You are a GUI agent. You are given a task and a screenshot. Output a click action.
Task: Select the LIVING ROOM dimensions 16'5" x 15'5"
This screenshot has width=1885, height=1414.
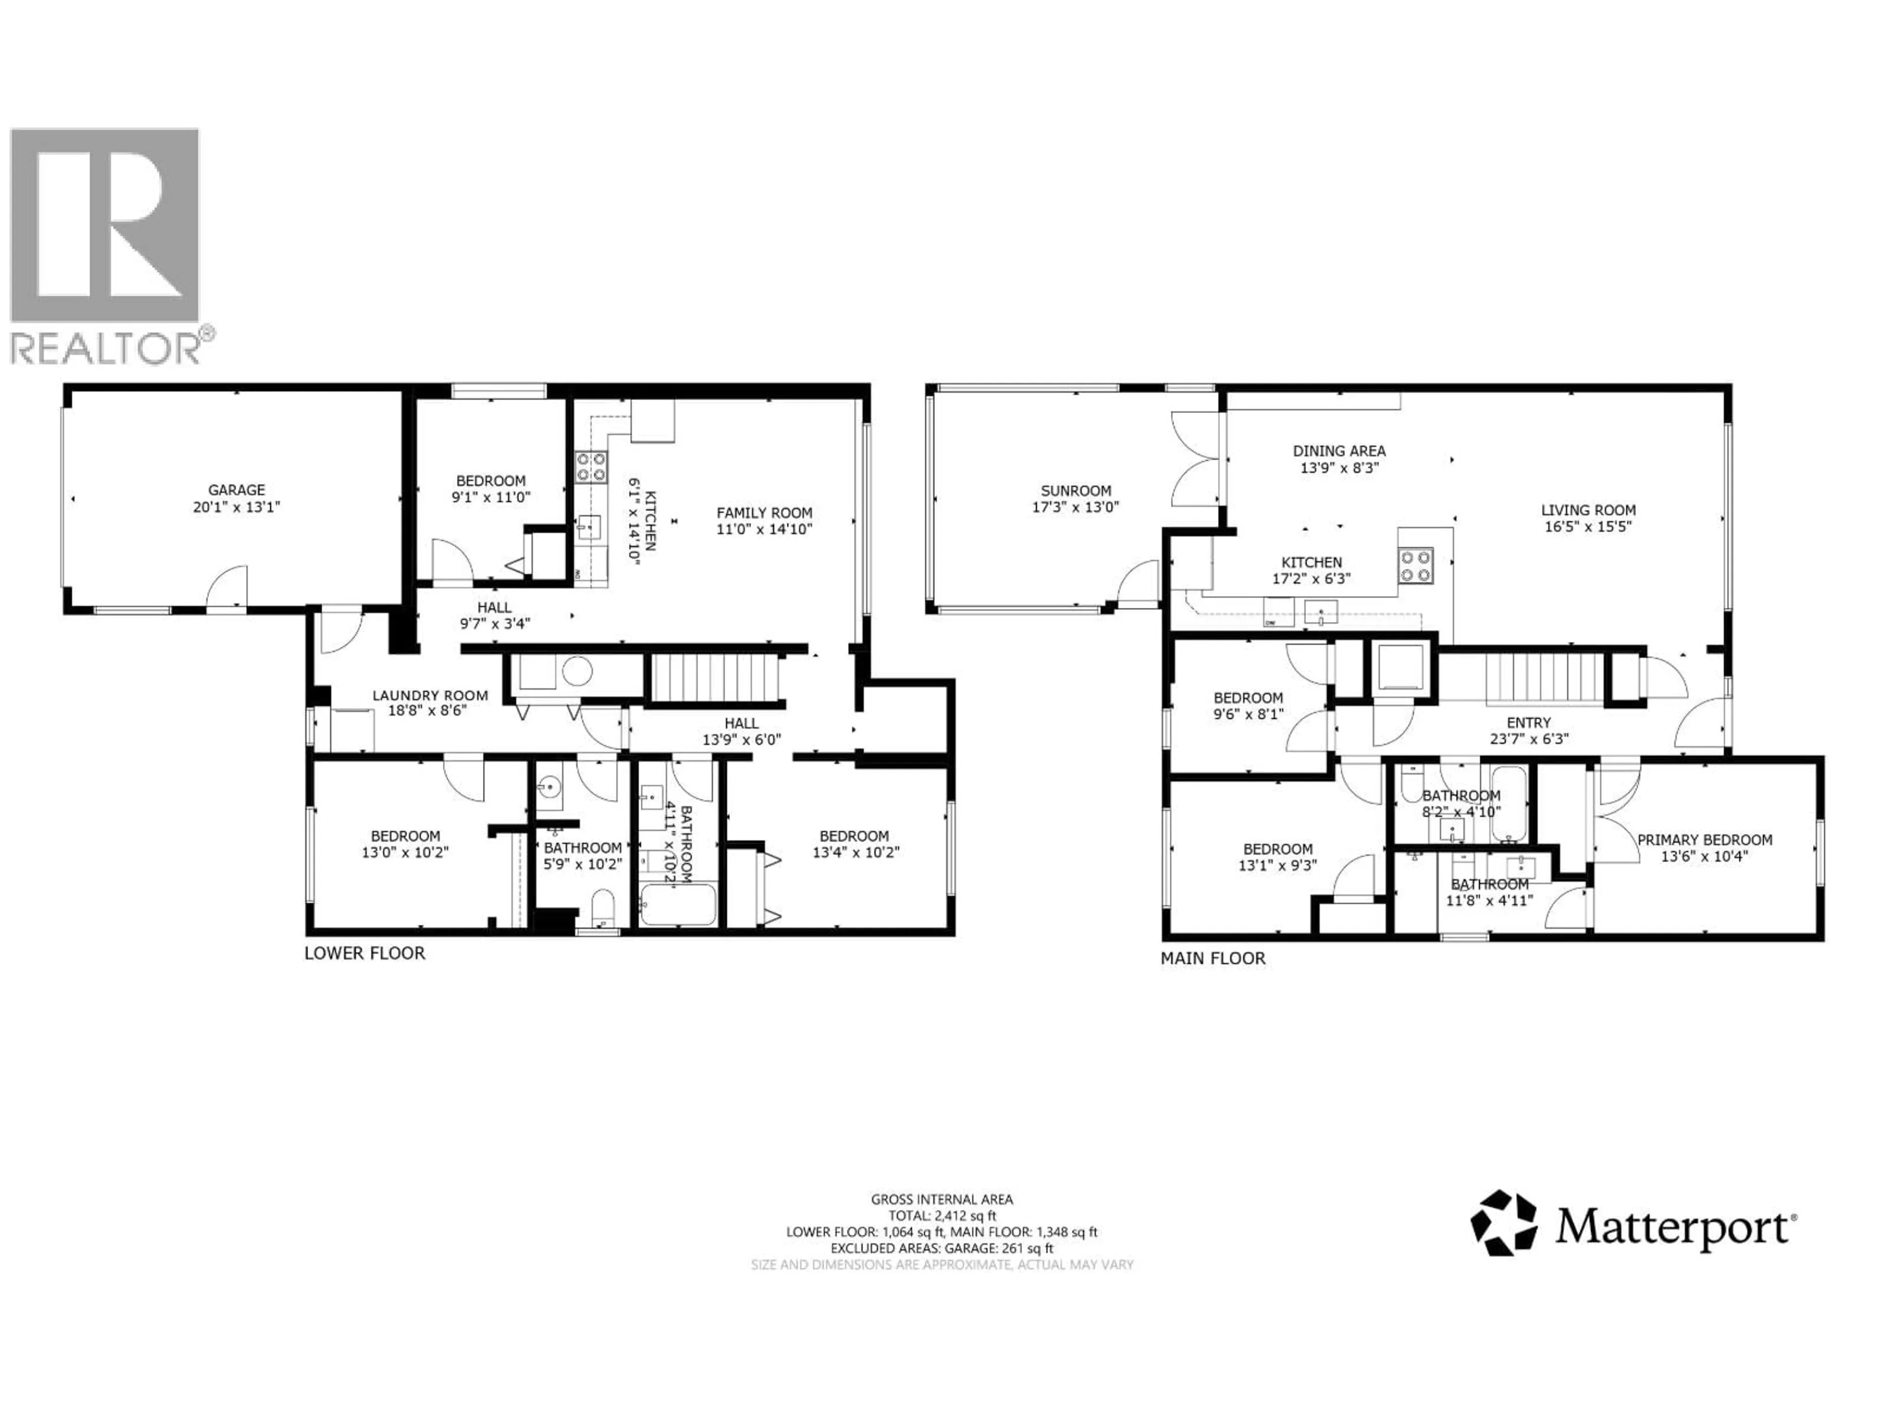pyautogui.click(x=1588, y=527)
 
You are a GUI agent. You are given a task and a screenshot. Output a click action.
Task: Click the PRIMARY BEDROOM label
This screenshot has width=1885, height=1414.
pyautogui.click(x=1704, y=840)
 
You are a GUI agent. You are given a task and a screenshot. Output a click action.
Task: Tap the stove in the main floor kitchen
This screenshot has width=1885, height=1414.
pyautogui.click(x=1415, y=566)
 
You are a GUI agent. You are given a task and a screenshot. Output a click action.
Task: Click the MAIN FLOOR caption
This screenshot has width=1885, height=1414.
pyautogui.click(x=1212, y=958)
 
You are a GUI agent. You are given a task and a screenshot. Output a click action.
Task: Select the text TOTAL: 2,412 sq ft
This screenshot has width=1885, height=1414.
pyautogui.click(x=942, y=1216)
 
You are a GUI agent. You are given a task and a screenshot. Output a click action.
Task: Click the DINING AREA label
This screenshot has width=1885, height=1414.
pyautogui.click(x=1339, y=450)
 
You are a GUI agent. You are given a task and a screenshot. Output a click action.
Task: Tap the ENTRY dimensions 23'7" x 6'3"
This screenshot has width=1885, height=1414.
pyautogui.click(x=1529, y=739)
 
